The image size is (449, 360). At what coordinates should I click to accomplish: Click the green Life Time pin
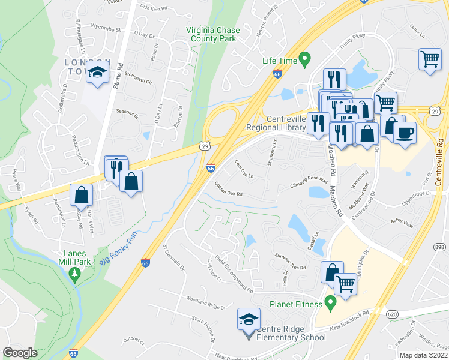point(304,59)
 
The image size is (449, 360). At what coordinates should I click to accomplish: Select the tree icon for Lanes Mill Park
point(75,275)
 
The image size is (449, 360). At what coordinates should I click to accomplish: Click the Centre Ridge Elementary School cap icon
point(249,319)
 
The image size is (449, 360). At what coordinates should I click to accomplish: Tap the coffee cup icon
point(405,131)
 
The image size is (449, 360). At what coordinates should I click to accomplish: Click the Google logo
point(20,353)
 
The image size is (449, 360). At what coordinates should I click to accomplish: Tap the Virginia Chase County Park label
point(211,34)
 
